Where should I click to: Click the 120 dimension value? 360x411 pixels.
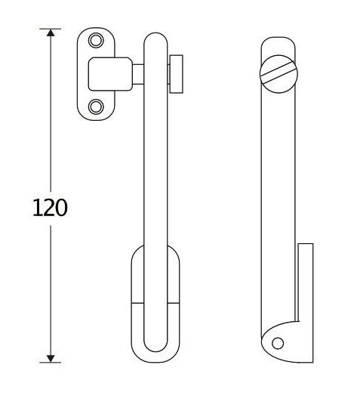coord(51,207)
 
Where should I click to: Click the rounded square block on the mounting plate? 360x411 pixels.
coord(103,74)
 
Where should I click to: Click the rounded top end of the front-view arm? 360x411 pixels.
coord(154,38)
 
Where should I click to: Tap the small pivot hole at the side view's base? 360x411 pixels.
coord(278,344)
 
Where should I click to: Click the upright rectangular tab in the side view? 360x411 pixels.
coord(305,280)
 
